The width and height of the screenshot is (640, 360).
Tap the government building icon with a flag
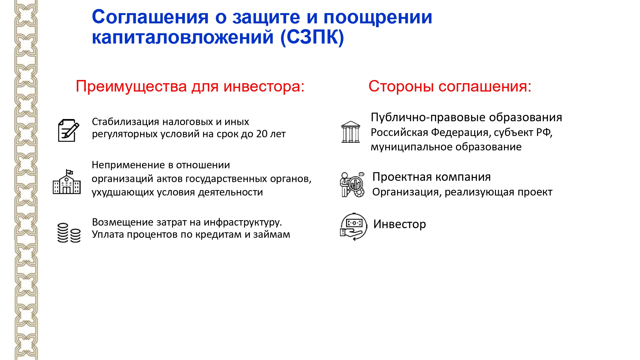pos(67,181)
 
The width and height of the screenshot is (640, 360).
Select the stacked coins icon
pos(69,233)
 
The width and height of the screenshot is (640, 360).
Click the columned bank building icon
pos(350,132)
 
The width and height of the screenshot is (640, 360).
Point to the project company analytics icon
pos(352,185)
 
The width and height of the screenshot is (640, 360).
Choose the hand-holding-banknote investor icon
pos(353,227)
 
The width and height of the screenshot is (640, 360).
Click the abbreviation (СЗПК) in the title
pos(312,37)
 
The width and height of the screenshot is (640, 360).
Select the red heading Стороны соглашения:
pos(450,86)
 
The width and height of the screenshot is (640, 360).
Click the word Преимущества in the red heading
pos(131,87)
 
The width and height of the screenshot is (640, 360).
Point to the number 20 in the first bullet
pos(262,134)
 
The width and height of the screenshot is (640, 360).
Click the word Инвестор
pos(400,224)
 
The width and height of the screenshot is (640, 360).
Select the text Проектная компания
pos(432,177)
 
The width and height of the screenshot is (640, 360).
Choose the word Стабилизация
pos(125,122)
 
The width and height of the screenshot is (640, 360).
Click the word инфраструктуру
pos(243,222)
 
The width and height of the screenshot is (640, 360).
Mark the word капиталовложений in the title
pos(183,37)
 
